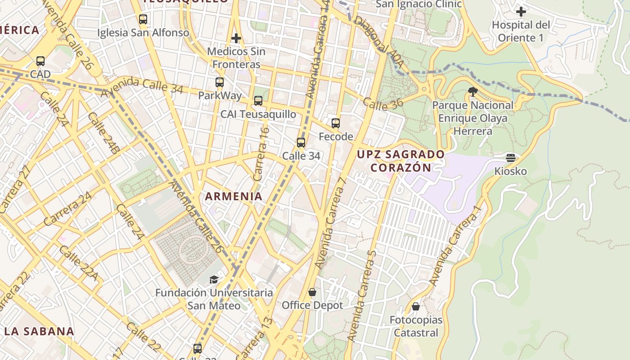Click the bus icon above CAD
(40, 61)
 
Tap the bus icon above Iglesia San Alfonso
(143, 19)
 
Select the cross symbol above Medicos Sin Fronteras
(236, 38)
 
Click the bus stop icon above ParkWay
(220, 82)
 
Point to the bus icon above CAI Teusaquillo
(258, 101)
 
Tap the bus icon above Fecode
(336, 123)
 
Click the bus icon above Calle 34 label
(301, 143)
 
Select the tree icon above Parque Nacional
(473, 92)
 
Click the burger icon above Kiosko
(510, 158)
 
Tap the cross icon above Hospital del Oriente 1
(521, 11)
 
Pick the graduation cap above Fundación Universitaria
(214, 279)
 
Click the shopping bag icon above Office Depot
(312, 292)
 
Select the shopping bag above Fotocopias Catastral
(416, 307)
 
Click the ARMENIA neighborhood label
(234, 196)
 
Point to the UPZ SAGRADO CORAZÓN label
(400, 161)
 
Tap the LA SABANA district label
(39, 331)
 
